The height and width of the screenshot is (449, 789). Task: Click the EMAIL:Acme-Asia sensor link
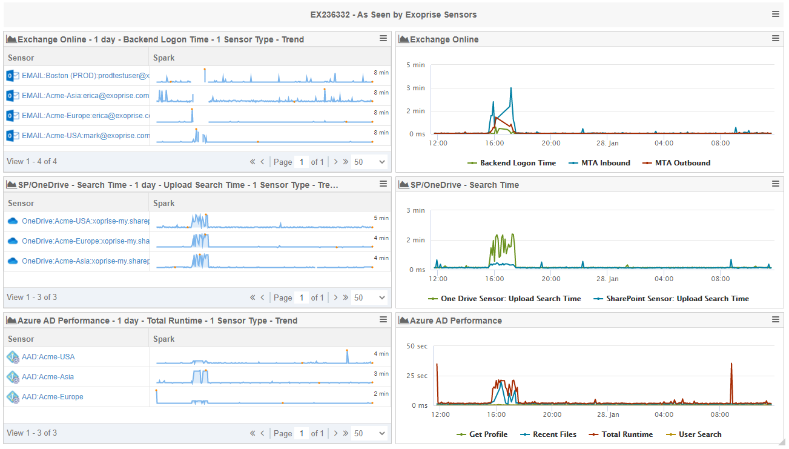click(x=85, y=96)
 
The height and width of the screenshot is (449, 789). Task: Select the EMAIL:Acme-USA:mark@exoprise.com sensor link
click(x=85, y=136)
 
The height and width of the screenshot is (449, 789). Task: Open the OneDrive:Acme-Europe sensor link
click(x=85, y=241)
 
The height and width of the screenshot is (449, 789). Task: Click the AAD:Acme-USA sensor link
click(x=48, y=357)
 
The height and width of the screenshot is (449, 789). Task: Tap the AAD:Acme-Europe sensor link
click(x=53, y=397)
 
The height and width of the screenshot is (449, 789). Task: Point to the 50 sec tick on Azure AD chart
click(x=417, y=347)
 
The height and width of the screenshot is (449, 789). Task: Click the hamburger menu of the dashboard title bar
click(x=776, y=14)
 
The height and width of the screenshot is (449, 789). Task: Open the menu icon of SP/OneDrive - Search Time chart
click(x=776, y=184)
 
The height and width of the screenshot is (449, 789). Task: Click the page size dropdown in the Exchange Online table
click(x=369, y=162)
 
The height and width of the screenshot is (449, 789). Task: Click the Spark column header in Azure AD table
click(x=164, y=339)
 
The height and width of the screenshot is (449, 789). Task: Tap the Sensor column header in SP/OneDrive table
click(x=21, y=204)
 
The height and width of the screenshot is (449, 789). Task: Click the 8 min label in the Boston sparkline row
click(x=381, y=73)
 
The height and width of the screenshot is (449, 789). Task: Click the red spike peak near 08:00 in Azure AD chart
click(x=731, y=364)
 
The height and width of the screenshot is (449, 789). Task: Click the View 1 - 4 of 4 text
click(x=32, y=162)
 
